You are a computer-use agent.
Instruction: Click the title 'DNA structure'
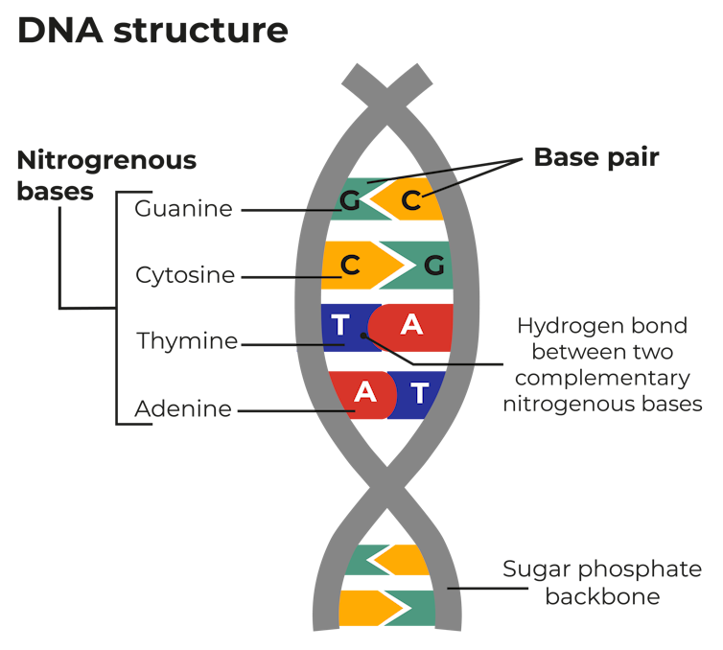152,30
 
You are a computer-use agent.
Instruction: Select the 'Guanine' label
183,208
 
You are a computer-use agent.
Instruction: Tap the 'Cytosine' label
185,275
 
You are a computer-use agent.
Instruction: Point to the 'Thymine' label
187,341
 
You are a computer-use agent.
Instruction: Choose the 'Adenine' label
183,409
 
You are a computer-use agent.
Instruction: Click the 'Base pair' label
595,158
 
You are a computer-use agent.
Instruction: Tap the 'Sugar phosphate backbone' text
602,583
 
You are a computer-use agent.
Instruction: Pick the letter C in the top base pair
411,200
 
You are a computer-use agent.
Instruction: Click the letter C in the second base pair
351,267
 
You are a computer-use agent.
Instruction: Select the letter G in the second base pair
433,267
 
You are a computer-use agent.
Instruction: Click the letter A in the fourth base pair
364,392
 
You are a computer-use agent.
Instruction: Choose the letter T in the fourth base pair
420,392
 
